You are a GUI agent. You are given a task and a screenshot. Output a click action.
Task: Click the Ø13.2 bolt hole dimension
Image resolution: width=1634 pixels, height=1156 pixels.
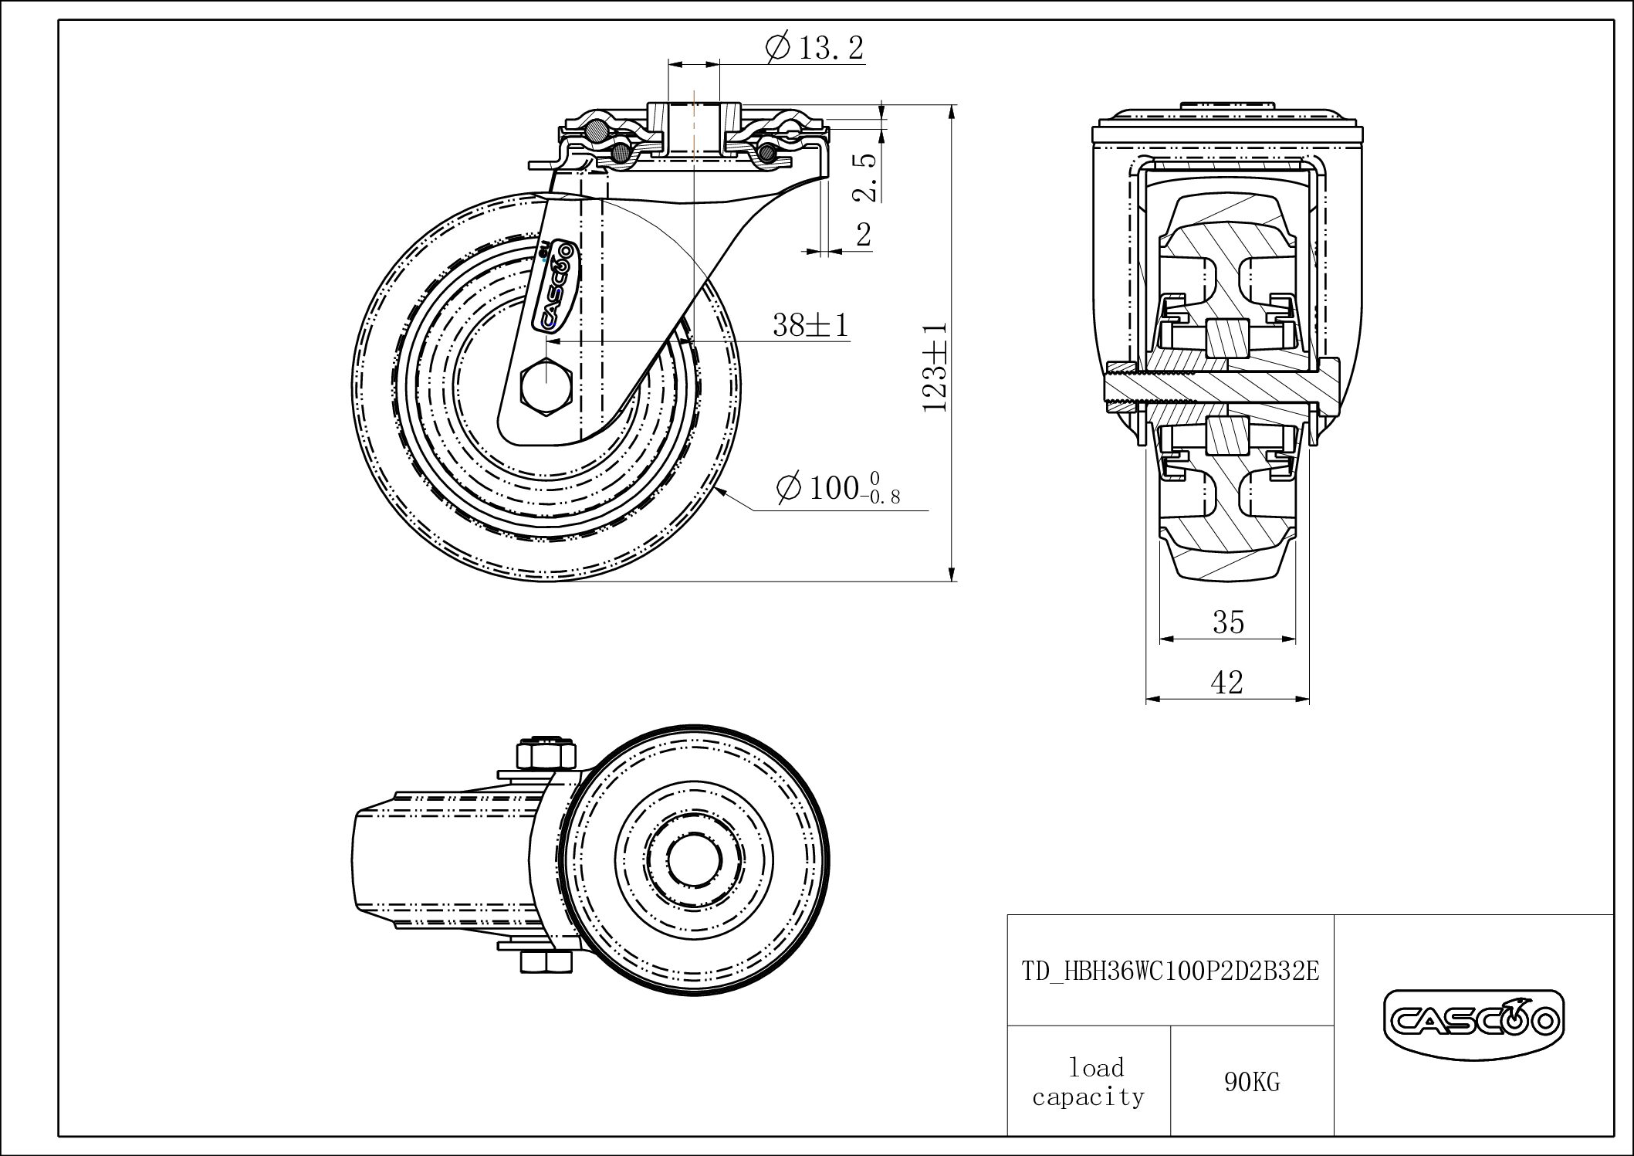click(x=815, y=48)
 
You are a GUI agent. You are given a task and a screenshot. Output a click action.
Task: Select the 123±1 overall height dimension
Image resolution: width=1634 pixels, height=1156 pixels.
click(x=935, y=367)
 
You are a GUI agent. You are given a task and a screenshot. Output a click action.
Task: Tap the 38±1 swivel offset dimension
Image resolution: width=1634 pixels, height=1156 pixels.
click(x=810, y=325)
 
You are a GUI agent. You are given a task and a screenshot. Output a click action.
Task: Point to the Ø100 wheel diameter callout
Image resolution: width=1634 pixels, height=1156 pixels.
click(x=838, y=489)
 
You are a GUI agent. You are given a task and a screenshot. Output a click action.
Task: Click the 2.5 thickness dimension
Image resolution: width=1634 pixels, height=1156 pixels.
click(x=867, y=178)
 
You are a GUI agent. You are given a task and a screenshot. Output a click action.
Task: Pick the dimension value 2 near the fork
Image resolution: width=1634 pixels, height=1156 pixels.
click(x=864, y=234)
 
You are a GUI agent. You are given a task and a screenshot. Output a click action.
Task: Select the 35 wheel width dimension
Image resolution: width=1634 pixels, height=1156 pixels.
click(x=1228, y=622)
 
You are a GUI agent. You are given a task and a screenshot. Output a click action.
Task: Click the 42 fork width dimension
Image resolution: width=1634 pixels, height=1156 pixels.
click(x=1227, y=683)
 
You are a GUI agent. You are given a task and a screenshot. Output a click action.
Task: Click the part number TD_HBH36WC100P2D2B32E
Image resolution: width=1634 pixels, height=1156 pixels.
click(x=1170, y=971)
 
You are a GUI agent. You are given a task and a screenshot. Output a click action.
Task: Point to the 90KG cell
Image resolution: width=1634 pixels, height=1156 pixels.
click(x=1251, y=1082)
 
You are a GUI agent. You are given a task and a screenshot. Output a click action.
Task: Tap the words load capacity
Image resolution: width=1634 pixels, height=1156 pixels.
click(x=1088, y=1082)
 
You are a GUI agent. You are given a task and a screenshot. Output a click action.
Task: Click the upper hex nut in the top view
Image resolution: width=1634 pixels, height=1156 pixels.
click(x=546, y=754)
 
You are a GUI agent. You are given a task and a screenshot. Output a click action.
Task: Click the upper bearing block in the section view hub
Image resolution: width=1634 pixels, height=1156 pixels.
click(x=1227, y=337)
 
